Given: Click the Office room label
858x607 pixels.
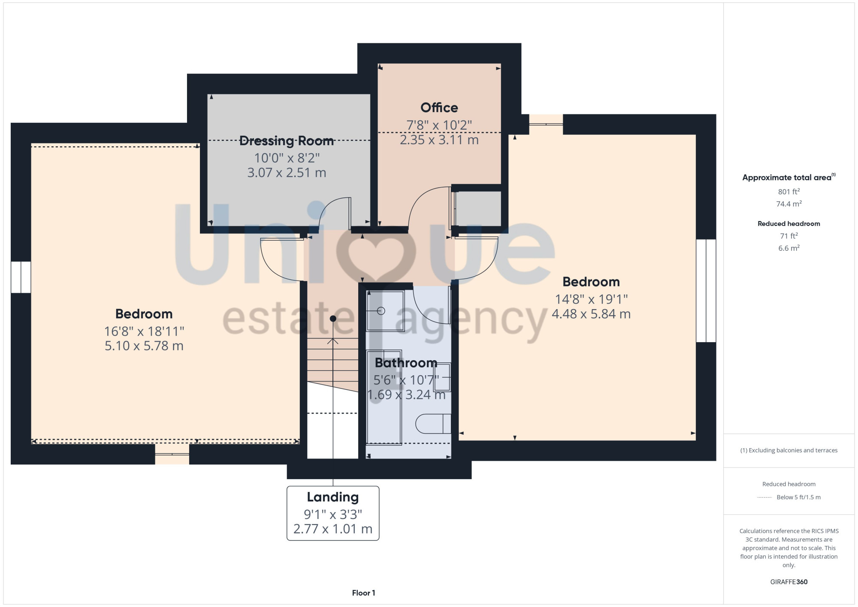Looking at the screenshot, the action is point(439,107).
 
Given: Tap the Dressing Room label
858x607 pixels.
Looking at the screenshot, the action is point(287,141).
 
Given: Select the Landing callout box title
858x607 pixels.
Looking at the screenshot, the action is point(333,497).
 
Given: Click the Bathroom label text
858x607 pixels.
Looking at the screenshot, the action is point(406,363).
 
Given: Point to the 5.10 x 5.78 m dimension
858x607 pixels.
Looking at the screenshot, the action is point(144,346).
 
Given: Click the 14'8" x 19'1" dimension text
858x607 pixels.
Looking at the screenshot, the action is point(591,299).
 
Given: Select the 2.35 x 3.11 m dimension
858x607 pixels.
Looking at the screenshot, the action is point(439,140).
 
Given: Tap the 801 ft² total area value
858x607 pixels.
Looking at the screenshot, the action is point(789,191).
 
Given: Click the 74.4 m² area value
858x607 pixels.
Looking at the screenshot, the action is point(789,204).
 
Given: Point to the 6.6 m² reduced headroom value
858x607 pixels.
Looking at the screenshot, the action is point(789,248).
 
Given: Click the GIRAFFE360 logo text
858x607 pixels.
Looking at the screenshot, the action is point(789,582).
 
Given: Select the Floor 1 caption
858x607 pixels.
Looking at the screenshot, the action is point(363,593).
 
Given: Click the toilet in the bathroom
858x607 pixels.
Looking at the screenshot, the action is point(433,424).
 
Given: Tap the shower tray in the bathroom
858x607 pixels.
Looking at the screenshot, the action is point(385,311).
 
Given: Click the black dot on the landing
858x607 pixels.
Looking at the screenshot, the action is point(333,319).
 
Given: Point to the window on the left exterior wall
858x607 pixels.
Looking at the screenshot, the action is point(21,277).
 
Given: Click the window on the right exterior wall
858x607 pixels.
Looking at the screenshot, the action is point(706,291).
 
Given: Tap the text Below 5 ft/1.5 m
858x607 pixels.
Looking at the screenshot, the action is point(798,497).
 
